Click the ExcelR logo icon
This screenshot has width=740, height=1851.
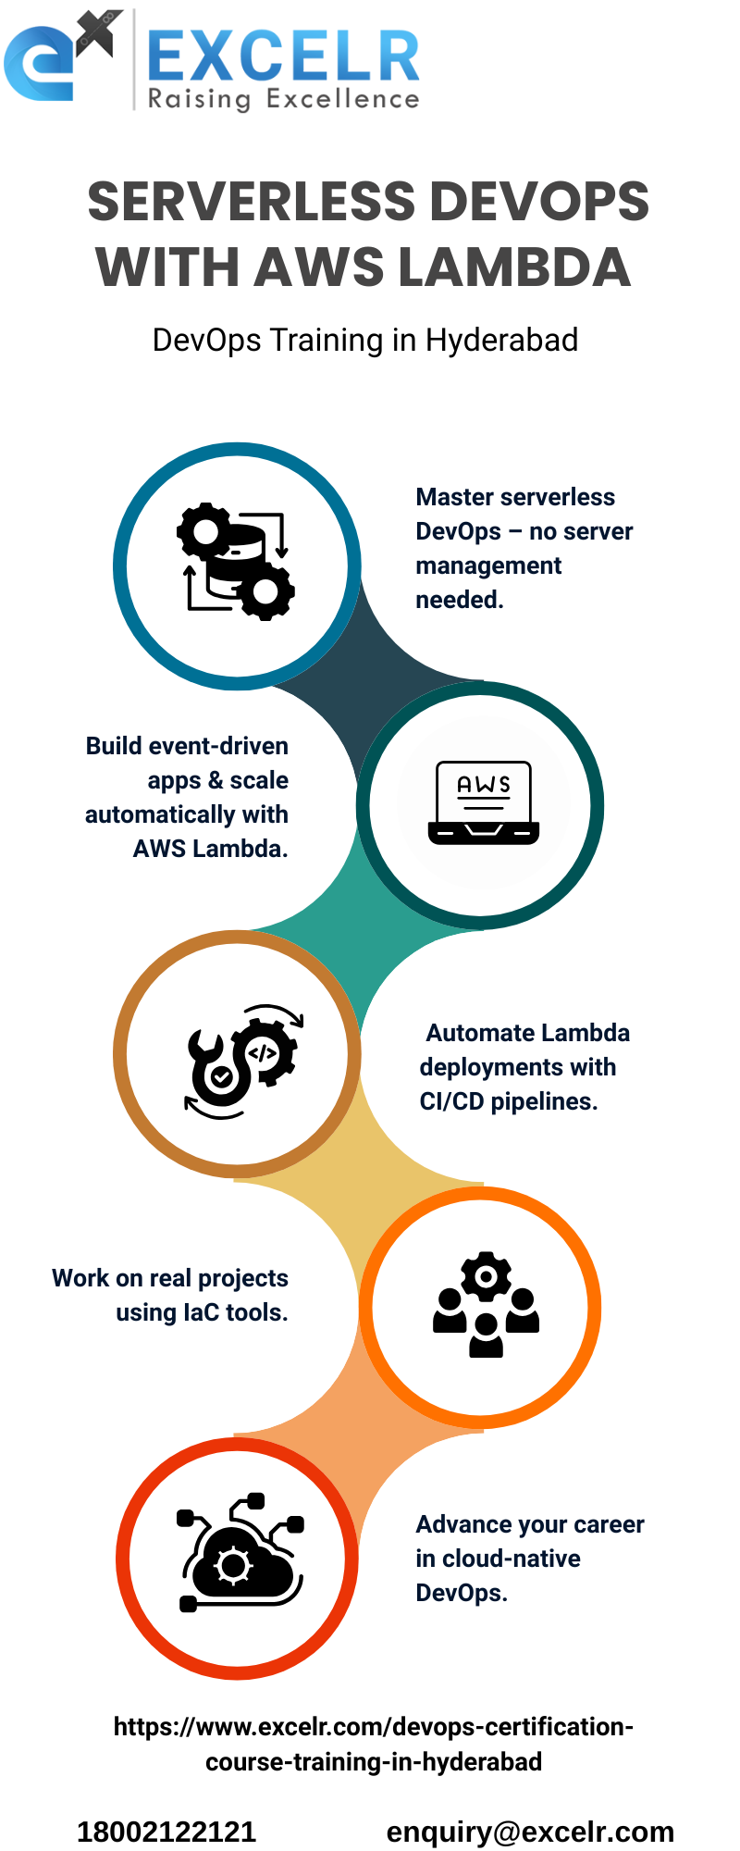(x=61, y=57)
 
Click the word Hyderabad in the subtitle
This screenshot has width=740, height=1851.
(x=501, y=341)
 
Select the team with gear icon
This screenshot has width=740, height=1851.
(x=485, y=1305)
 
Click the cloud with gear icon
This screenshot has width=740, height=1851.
(x=240, y=1555)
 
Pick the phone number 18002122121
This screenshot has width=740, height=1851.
(x=166, y=1832)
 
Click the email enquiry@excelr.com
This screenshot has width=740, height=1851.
(x=530, y=1832)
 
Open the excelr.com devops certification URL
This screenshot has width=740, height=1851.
(x=374, y=1744)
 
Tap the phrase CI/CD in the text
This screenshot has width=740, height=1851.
(x=451, y=1101)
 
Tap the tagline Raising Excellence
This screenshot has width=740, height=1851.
(x=283, y=99)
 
